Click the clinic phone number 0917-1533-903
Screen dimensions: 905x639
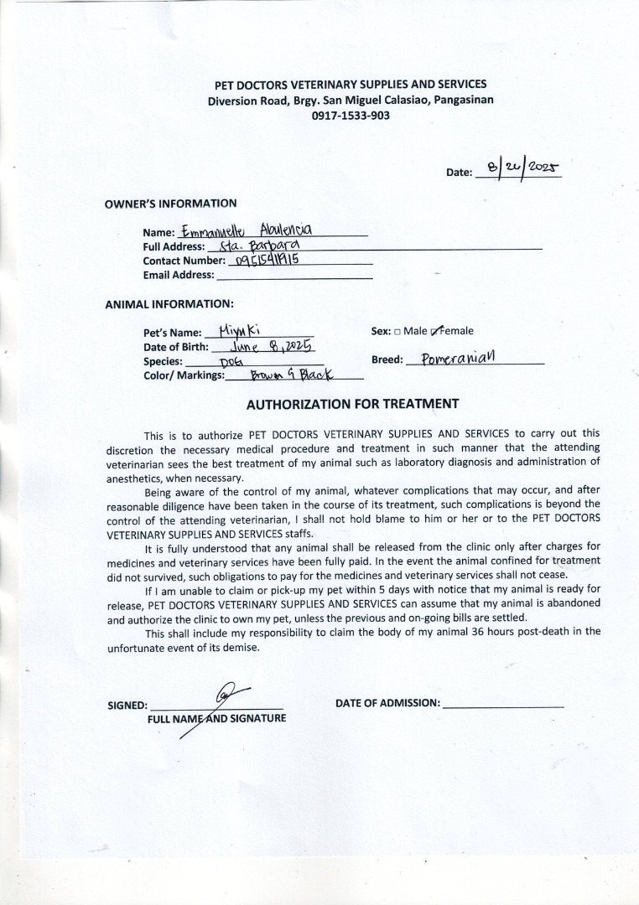(351, 116)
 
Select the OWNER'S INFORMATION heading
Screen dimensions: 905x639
(170, 203)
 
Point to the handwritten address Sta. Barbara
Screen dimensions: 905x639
(253, 246)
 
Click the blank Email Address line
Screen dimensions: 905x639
(294, 275)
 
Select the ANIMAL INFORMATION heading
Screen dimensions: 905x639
(169, 303)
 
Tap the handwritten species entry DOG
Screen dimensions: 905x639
(231, 361)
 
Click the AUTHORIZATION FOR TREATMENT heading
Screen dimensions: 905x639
(352, 404)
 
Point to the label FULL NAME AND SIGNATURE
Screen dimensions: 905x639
(216, 718)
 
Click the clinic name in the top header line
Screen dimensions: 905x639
(351, 85)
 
